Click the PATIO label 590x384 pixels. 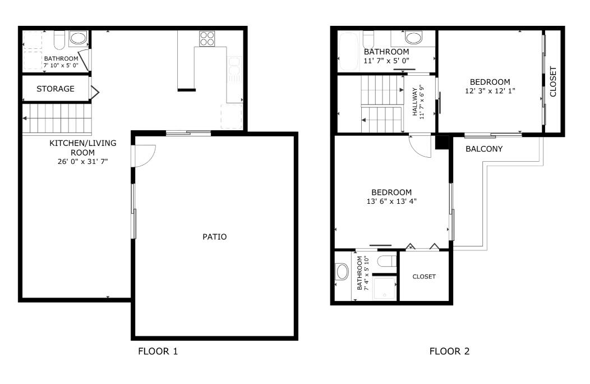click(214, 237)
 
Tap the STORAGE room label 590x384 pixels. click(56, 89)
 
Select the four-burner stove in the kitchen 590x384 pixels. click(206, 39)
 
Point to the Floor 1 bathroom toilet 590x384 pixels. click(59, 40)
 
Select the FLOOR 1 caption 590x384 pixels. click(158, 352)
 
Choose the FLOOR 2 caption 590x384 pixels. click(449, 352)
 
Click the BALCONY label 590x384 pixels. click(484, 149)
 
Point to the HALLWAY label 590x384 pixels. click(416, 102)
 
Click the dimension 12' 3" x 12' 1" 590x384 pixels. click(490, 91)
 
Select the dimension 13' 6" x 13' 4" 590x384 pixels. click(391, 201)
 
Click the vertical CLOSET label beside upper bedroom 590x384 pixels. click(554, 82)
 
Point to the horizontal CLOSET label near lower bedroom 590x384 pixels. click(424, 277)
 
